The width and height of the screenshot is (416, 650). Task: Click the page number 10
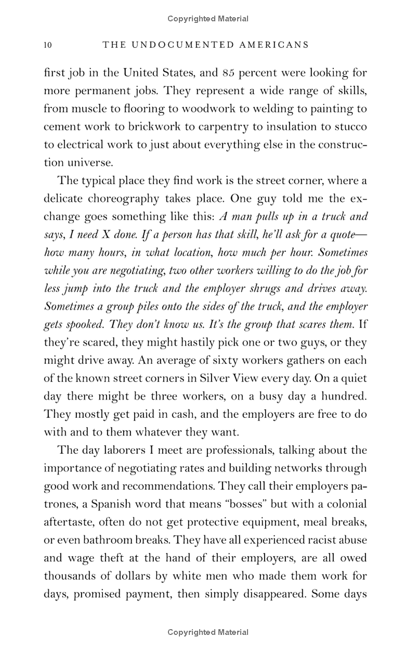pos(48,45)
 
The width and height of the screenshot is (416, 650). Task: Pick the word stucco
pos(350,126)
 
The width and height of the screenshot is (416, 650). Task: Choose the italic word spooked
pos(87,324)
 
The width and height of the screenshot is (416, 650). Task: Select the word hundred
pos(342,396)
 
